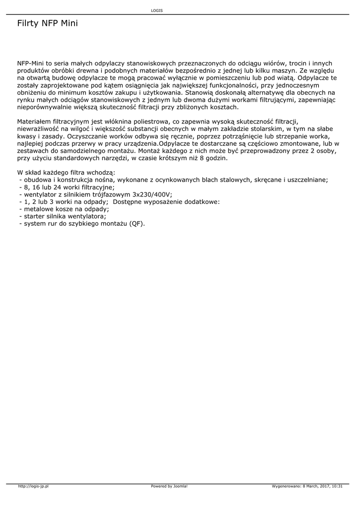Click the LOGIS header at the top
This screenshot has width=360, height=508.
[157, 10]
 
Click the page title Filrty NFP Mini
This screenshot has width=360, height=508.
[47, 23]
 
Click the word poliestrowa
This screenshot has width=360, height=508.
[154, 122]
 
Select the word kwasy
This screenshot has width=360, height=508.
[26, 136]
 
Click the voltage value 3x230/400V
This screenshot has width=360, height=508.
[152, 195]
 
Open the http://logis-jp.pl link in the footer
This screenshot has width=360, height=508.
[33, 486]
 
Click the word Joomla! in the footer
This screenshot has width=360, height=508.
[180, 486]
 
